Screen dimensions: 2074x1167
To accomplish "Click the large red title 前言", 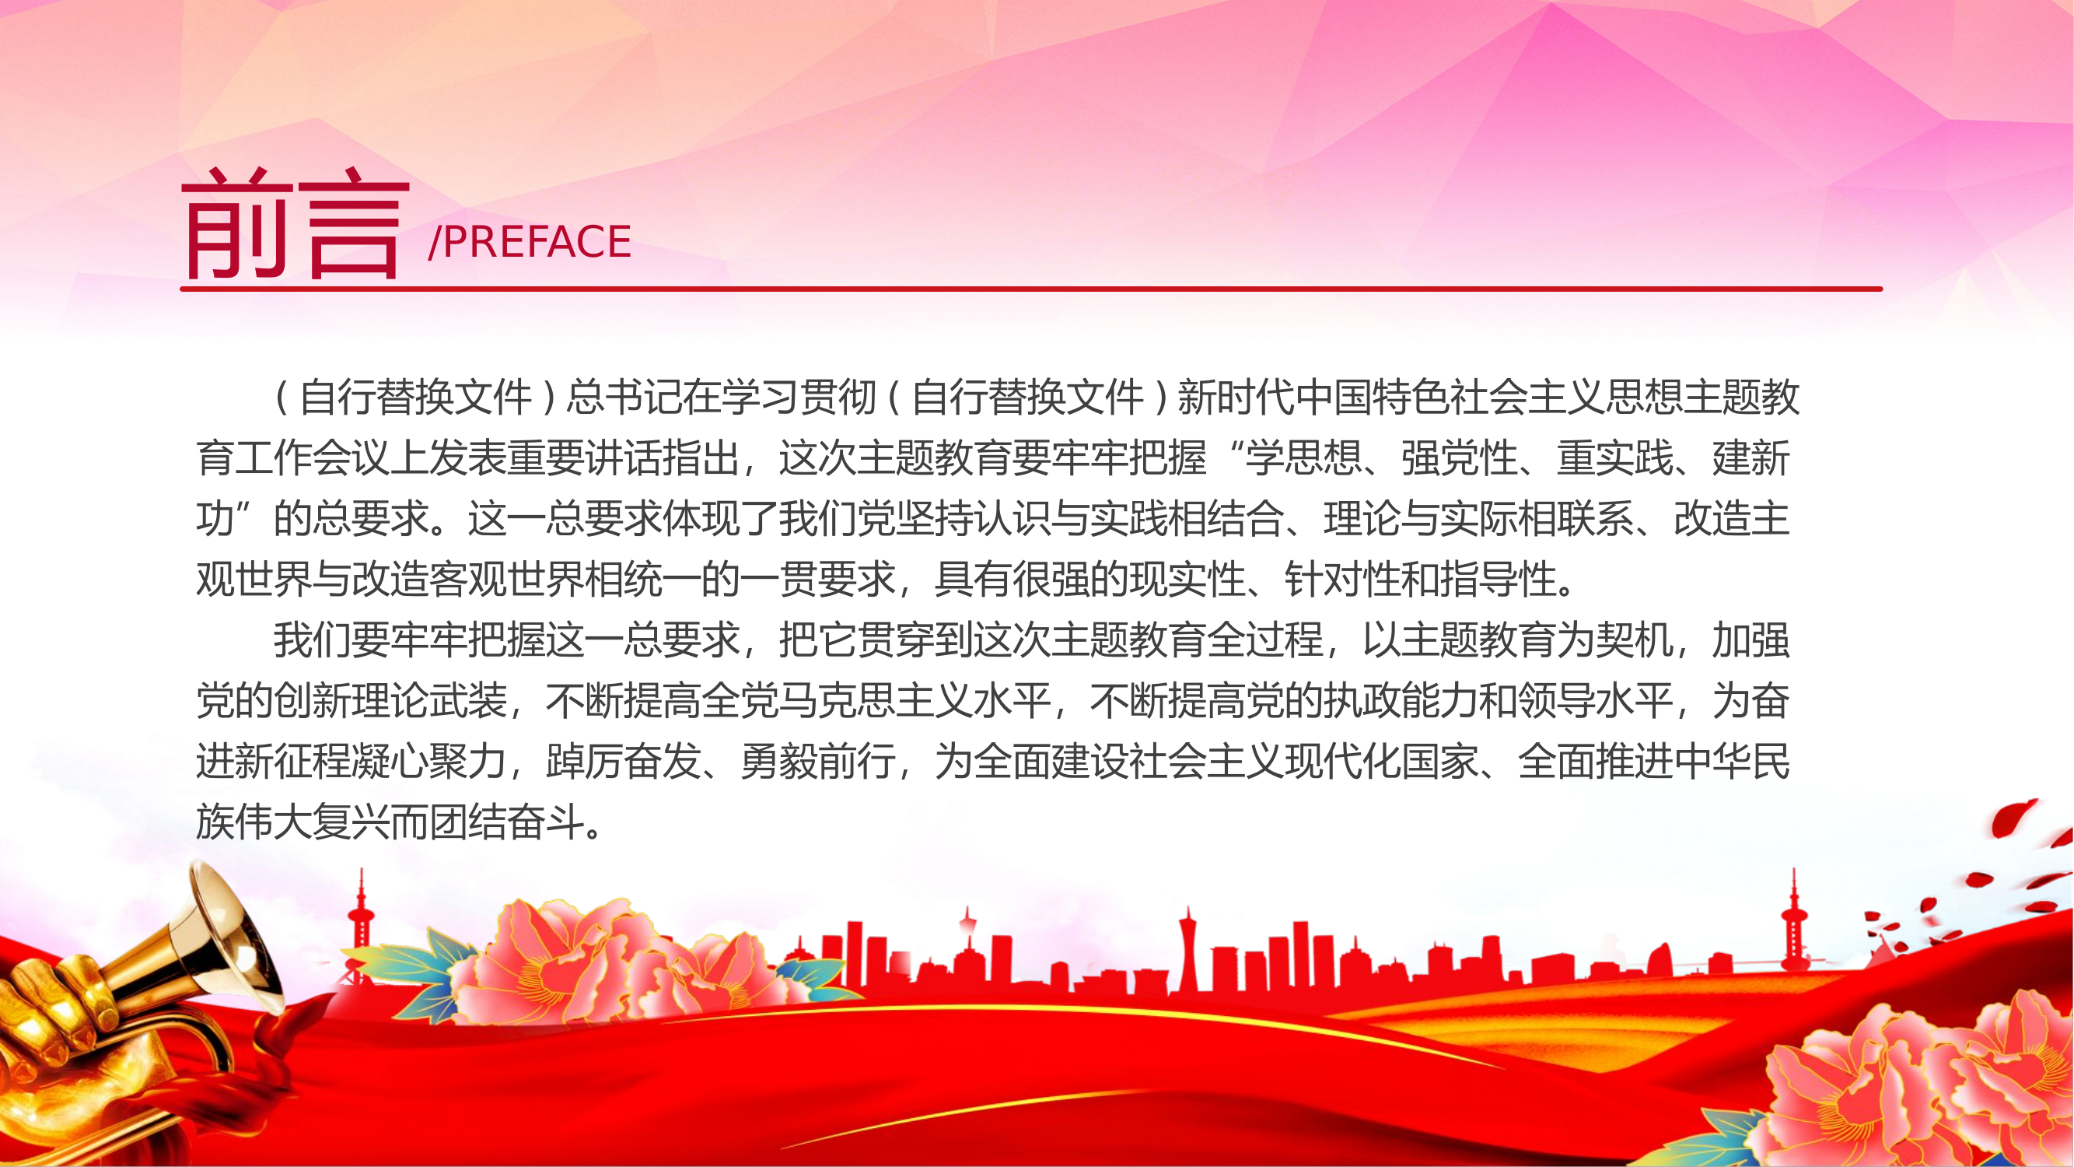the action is (296, 224).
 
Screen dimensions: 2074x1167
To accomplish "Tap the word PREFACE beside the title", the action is (538, 242).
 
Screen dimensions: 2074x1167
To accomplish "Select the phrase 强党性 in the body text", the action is (1459, 458).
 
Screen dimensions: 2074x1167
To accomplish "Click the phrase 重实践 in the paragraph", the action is (1614, 458).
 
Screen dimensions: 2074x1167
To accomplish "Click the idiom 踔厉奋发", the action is (624, 762).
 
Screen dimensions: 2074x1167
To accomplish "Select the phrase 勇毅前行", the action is (818, 762).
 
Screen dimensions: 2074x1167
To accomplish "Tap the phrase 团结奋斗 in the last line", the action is (507, 822).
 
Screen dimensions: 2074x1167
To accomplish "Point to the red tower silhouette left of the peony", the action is (361, 926).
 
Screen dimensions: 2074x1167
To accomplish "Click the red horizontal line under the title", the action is (1031, 289).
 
